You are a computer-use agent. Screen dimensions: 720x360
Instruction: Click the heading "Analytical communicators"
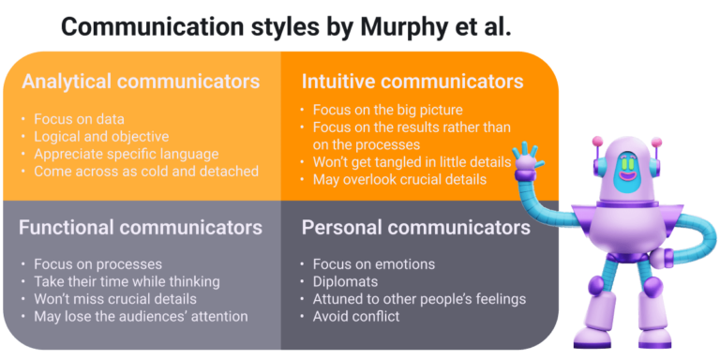coord(140,82)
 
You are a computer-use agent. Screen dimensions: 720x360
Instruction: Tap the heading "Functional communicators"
coord(141,227)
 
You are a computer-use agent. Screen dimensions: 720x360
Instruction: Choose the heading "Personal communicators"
coord(415,227)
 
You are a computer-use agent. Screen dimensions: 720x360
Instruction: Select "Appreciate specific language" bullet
coord(126,154)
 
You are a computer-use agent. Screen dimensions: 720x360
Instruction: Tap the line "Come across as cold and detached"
coord(146,172)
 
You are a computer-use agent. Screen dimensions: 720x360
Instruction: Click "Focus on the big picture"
coord(386,109)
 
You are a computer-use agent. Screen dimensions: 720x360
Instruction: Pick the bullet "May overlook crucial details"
coord(399,179)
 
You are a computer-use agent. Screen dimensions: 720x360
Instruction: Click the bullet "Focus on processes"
coord(97,264)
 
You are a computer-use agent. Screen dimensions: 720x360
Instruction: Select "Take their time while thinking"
coord(127,281)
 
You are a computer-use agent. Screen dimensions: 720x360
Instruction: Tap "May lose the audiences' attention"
coord(141,317)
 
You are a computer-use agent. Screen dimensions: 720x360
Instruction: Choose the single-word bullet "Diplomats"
coord(345,281)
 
